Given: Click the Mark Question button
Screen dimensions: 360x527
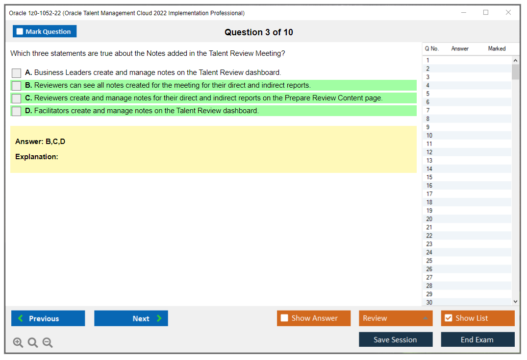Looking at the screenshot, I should click(x=45, y=31).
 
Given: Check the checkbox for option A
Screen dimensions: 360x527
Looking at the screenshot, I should click(x=17, y=73).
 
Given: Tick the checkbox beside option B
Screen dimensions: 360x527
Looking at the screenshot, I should click(x=17, y=86).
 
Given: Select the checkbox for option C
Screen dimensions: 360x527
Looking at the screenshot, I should click(x=17, y=98).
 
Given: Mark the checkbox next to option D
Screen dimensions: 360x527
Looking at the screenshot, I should click(x=17, y=111).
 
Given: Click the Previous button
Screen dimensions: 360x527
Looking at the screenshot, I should click(x=48, y=318).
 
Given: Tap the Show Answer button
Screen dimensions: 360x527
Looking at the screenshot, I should click(x=314, y=318).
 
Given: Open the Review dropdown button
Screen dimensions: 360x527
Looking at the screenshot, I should click(x=396, y=318).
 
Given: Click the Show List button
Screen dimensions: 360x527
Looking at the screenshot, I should click(x=477, y=318).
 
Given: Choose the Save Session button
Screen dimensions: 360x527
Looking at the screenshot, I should click(x=396, y=339).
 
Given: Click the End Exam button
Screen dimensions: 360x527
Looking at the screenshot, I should click(x=477, y=339).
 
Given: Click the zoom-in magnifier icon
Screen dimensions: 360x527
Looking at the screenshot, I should click(x=18, y=343).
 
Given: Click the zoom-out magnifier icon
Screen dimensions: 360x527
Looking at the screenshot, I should click(x=48, y=343).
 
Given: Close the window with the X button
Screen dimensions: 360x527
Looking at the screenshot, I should click(x=508, y=13).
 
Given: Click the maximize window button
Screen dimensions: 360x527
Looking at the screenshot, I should click(x=486, y=13).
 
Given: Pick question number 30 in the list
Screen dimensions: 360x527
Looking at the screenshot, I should click(x=429, y=302).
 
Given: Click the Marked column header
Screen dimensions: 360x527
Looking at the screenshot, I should click(x=497, y=48).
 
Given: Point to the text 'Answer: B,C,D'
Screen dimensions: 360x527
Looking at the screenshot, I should click(x=40, y=142).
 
